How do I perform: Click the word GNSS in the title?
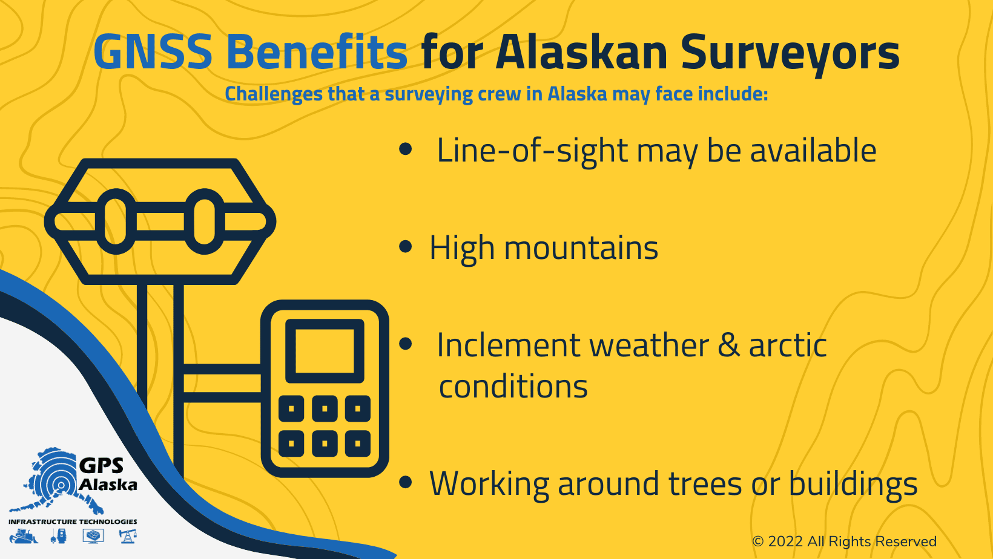[x=153, y=52]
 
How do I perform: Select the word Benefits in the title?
[x=317, y=52]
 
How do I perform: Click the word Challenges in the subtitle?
[x=274, y=94]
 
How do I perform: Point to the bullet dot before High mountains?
[x=406, y=247]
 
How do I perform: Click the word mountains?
[x=581, y=249]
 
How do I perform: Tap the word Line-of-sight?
[x=532, y=151]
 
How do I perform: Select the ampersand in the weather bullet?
[x=729, y=345]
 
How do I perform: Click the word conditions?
[x=513, y=387]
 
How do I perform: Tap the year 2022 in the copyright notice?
[x=785, y=541]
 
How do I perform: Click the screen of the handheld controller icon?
[x=325, y=351]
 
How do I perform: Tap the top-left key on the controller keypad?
[x=291, y=409]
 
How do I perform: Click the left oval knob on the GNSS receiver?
[x=116, y=221]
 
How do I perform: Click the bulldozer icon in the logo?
[x=23, y=536]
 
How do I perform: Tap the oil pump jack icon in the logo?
[x=128, y=536]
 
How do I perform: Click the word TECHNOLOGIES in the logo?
[x=108, y=521]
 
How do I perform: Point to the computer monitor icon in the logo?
[x=93, y=536]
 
